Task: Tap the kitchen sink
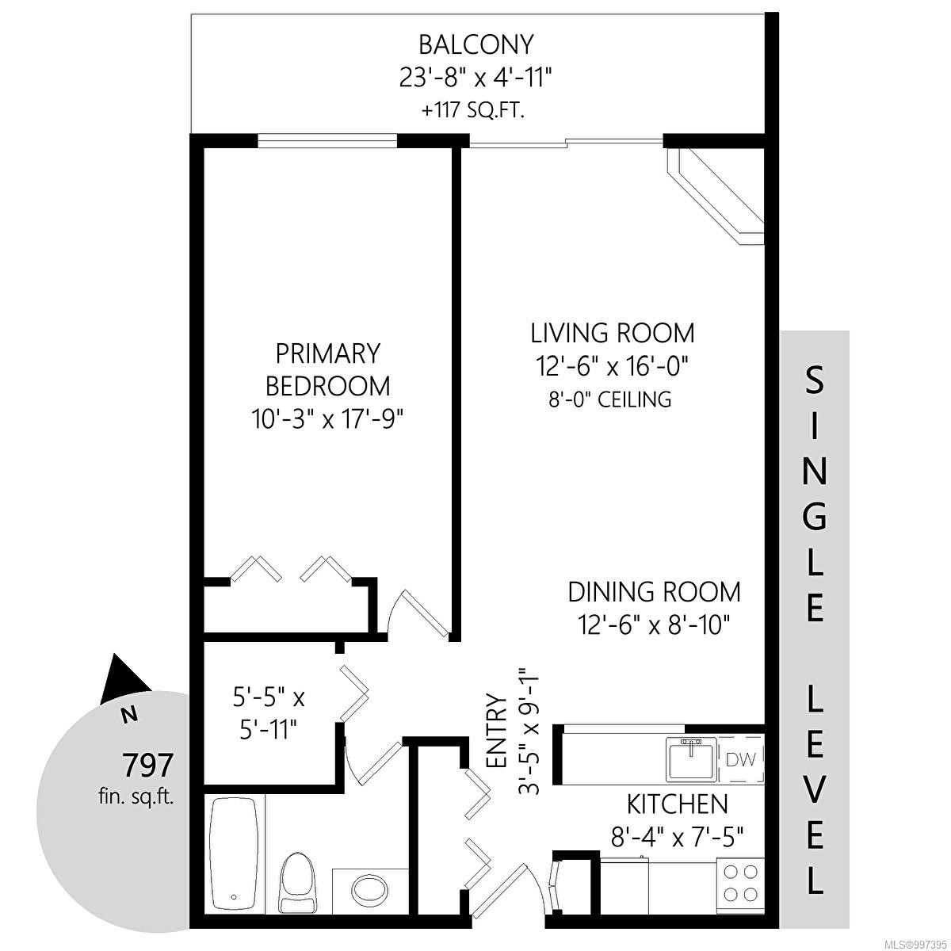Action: tap(692, 759)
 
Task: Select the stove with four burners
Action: tap(740, 883)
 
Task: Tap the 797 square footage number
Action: tap(147, 766)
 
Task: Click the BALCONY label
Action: tap(475, 44)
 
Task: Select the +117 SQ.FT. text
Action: tap(475, 110)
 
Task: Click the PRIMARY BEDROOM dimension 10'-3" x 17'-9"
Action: tap(328, 418)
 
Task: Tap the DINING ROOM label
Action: tap(654, 592)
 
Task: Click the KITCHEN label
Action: tap(677, 804)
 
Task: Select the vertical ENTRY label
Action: tap(496, 730)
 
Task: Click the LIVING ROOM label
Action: tap(612, 332)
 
